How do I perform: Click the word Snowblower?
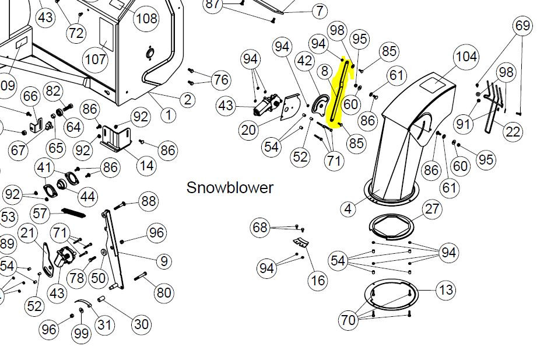230,188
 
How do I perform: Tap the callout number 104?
466,56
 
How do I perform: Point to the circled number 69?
522,26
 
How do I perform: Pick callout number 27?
432,209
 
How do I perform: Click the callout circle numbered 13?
446,289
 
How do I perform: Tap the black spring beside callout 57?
73,212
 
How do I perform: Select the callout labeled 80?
164,292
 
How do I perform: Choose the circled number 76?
221,79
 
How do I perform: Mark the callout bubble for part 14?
146,166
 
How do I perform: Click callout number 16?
318,280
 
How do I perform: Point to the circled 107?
95,60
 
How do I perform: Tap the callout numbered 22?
513,132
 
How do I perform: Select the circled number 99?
82,333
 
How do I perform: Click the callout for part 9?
164,261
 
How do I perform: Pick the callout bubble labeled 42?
304,61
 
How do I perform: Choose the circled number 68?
260,228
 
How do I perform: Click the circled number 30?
142,324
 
